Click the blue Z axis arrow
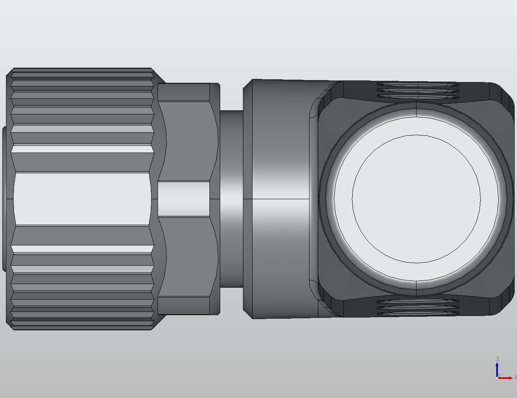coord(497,369)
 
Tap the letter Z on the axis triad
coord(497,359)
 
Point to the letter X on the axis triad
coord(515,377)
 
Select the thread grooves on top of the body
coord(417,90)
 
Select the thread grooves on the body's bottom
coord(417,307)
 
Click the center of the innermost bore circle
coord(416,199)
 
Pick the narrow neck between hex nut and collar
coord(231,198)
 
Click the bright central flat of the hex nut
coord(184,199)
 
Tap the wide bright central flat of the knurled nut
coord(82,199)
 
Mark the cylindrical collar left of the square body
coord(279,198)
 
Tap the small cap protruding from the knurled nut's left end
coord(4,199)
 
